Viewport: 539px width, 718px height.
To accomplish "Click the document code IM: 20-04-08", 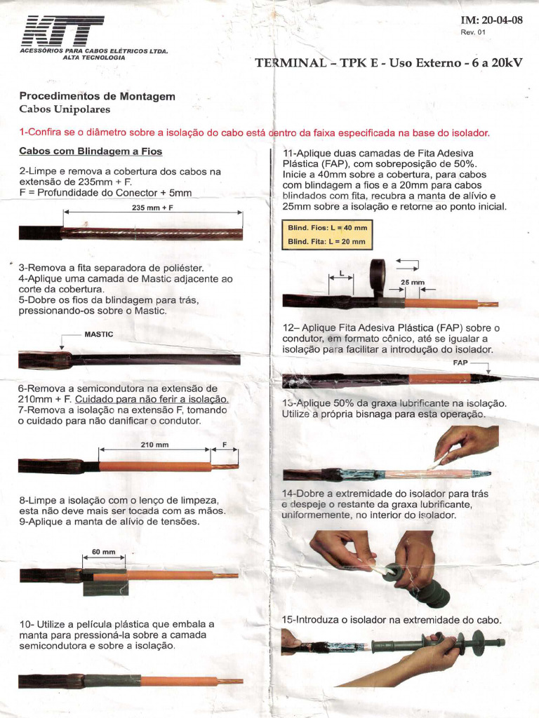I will [491, 20].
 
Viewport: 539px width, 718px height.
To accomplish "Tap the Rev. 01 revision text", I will [473, 32].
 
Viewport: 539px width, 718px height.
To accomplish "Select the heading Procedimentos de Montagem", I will [97, 96].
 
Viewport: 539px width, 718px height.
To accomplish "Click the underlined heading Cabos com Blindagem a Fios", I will [91, 151].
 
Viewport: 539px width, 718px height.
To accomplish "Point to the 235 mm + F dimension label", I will [152, 208].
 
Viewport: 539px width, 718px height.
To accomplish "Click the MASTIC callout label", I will [98, 334].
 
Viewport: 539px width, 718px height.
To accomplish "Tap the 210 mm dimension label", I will [154, 445].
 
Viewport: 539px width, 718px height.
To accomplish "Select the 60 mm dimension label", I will [103, 552].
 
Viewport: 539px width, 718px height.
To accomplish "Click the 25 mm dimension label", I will [413, 283].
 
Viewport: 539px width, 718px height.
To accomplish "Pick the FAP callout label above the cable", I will [460, 363].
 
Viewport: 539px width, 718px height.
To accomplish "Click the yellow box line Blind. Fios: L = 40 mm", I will [327, 228].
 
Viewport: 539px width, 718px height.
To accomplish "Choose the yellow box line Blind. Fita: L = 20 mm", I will [327, 241].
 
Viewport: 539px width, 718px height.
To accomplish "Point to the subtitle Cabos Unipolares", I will [65, 109].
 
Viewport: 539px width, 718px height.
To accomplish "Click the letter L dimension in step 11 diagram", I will [342, 273].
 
